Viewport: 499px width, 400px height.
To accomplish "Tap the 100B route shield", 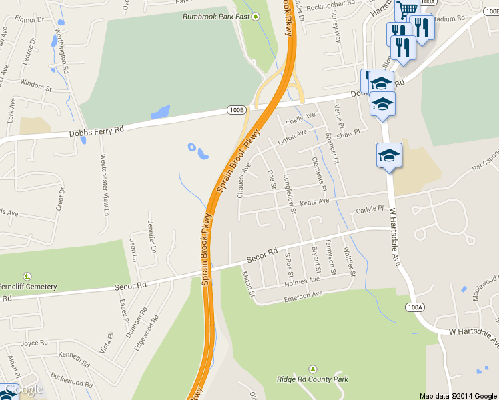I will tap(235, 109).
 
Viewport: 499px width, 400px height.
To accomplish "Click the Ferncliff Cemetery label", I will tap(28, 287).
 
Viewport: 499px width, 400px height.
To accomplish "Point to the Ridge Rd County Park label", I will tap(312, 379).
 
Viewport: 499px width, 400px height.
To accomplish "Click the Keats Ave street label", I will tap(314, 201).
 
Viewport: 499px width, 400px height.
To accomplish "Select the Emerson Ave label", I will tap(304, 294).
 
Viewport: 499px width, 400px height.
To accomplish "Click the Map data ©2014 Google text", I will tap(458, 395).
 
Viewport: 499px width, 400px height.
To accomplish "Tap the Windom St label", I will tap(36, 86).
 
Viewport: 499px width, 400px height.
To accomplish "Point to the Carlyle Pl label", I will tap(370, 209).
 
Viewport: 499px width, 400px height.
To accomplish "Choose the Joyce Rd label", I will tap(34, 343).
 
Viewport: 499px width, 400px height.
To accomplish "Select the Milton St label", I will tap(248, 283).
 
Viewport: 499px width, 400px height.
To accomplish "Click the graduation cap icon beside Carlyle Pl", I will tap(389, 155).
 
